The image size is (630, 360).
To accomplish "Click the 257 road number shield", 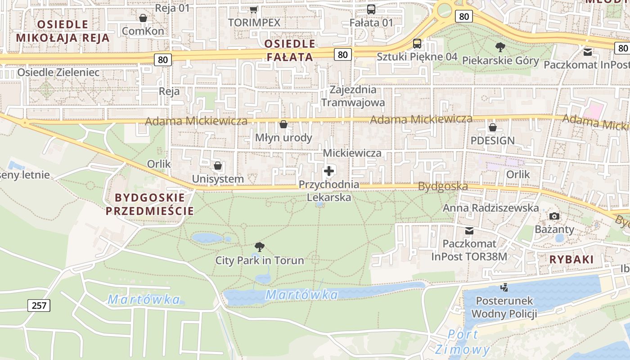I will (x=39, y=306).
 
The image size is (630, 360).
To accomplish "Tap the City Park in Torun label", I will (x=260, y=260).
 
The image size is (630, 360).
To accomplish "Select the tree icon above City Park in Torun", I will (x=259, y=247).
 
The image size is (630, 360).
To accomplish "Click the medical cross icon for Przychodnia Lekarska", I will (x=329, y=171).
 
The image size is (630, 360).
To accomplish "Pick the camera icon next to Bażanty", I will (x=554, y=216).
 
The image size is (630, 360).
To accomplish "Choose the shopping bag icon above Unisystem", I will (x=218, y=166).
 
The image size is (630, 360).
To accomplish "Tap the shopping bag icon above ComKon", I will (x=143, y=18).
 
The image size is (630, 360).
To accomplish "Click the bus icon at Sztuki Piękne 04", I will (x=417, y=44).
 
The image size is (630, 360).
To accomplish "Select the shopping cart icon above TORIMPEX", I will (x=254, y=9).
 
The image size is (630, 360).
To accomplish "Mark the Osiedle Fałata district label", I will (x=290, y=50).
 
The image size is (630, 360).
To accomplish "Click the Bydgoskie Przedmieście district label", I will (x=150, y=204).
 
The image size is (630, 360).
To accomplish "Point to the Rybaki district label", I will (x=571, y=259).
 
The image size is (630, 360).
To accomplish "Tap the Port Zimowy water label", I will (x=463, y=342).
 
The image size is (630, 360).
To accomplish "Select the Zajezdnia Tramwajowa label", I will (x=353, y=96).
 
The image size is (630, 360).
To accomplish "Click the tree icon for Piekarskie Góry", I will (x=500, y=47).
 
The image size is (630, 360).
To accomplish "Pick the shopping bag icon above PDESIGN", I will (x=493, y=127).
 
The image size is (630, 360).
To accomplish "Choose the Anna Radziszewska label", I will (x=491, y=208).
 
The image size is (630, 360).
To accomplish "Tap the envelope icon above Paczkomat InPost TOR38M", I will (x=469, y=231).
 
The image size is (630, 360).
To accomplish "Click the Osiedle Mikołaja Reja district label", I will (x=63, y=31).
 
